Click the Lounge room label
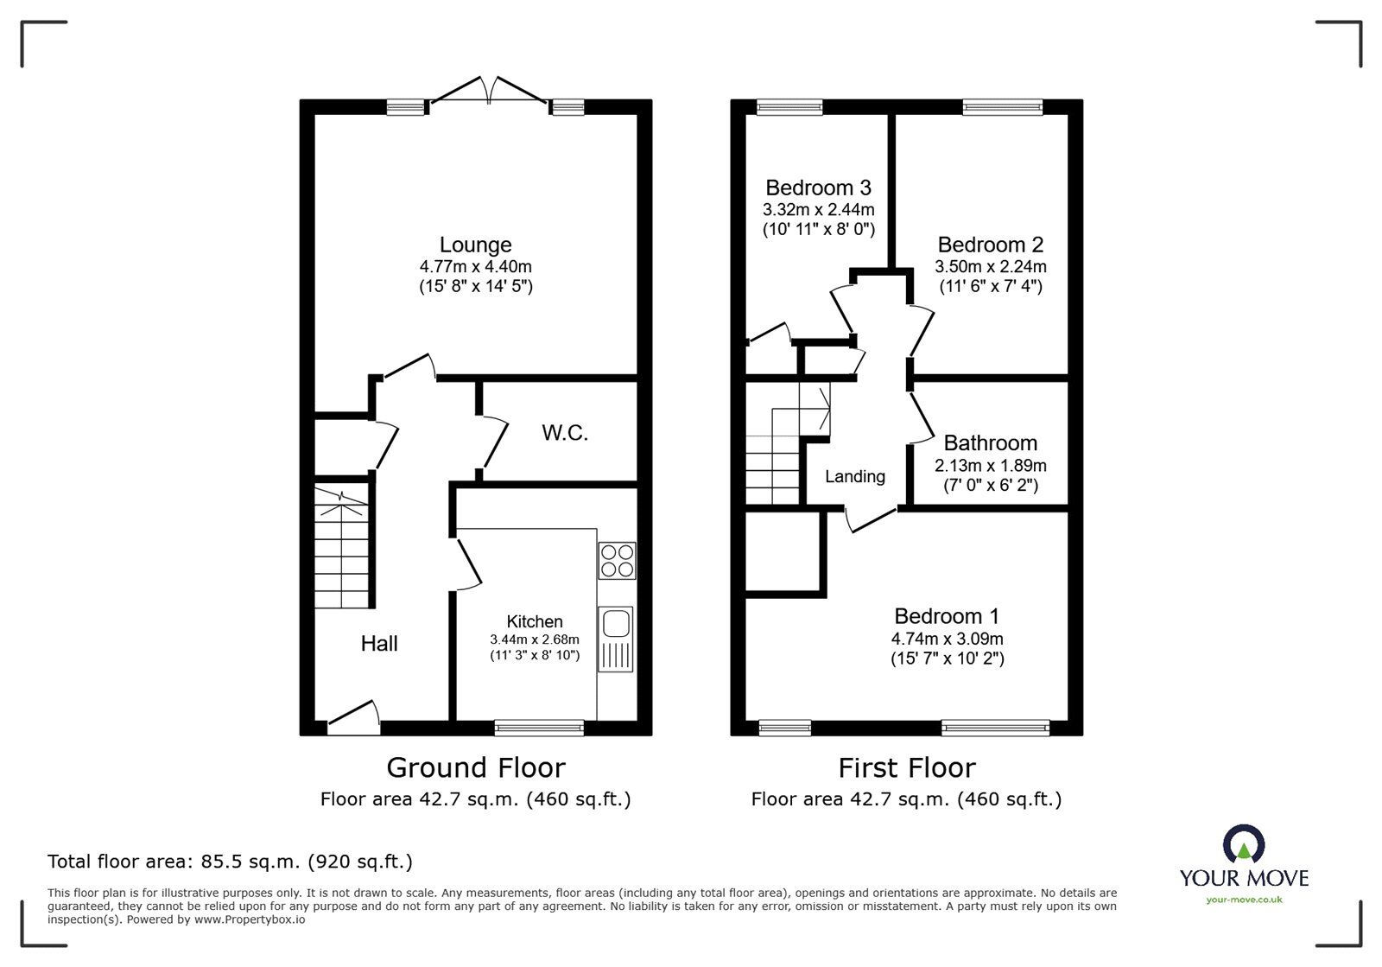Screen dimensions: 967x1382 click(x=475, y=245)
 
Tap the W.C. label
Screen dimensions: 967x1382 click(x=565, y=433)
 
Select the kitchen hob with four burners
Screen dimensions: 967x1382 click(x=617, y=560)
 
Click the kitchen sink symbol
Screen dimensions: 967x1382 click(x=616, y=639)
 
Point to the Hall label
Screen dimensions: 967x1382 click(x=379, y=643)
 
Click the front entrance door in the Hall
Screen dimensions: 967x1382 click(x=353, y=719)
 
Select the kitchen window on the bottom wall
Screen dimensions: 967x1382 click(x=539, y=728)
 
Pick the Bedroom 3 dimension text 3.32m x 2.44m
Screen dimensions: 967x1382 click(x=818, y=209)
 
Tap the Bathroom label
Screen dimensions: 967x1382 click(x=990, y=443)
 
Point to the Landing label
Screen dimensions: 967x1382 click(x=854, y=476)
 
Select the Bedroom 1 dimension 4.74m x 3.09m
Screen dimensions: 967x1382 click(x=947, y=639)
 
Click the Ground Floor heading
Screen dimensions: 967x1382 click(x=475, y=767)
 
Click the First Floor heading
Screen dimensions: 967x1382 click(x=906, y=767)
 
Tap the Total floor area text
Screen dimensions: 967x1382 click(x=230, y=862)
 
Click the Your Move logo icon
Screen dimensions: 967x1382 click(x=1244, y=845)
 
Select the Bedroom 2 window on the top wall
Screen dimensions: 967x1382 click(x=1002, y=107)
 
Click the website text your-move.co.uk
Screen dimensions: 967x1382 click(x=1244, y=900)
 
